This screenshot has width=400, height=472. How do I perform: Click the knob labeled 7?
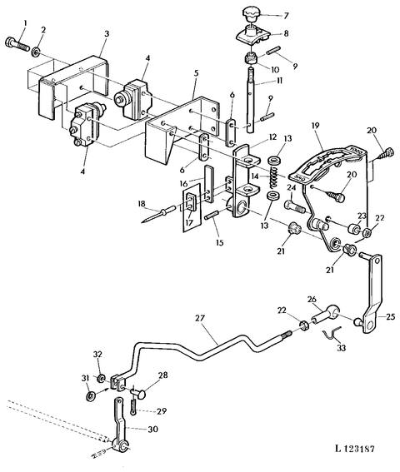[251, 14]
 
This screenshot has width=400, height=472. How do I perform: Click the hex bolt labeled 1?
[17, 44]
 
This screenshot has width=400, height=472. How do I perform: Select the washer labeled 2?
[36, 52]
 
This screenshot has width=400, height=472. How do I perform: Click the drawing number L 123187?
[354, 449]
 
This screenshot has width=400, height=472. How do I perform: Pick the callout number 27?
[200, 318]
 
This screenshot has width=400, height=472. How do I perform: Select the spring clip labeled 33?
[332, 334]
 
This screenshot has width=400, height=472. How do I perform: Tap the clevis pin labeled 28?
[137, 392]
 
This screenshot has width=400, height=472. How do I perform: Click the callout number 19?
[315, 125]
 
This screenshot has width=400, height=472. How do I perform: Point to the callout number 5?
[196, 73]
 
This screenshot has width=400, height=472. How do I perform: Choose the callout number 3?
[107, 33]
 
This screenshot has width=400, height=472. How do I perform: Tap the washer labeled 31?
[91, 395]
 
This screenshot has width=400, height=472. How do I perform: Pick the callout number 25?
[390, 317]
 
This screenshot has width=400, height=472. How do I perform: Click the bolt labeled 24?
[295, 206]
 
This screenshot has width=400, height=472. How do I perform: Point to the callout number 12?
[272, 137]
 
